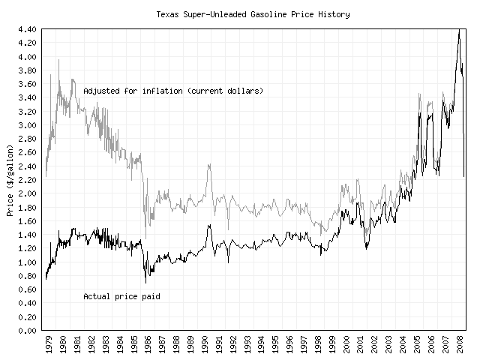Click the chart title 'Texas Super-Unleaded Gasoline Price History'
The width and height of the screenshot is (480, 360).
252,14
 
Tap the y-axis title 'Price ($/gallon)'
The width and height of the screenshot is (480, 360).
10,179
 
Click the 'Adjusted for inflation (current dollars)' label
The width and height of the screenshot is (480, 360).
173,91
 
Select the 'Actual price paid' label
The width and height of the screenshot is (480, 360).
121,296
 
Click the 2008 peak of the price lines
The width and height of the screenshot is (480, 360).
459,30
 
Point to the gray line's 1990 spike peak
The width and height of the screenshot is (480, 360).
208,163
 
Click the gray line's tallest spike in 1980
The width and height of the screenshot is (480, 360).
58,60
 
